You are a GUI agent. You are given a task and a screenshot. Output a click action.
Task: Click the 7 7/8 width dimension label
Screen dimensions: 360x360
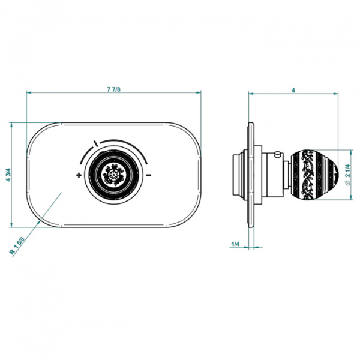(x=113, y=89)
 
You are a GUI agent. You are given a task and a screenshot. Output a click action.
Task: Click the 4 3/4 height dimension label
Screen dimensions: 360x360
(x=8, y=175)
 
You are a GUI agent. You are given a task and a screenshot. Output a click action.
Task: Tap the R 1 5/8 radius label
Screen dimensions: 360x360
(x=17, y=245)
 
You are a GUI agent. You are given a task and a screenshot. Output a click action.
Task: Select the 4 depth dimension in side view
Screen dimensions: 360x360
(x=293, y=91)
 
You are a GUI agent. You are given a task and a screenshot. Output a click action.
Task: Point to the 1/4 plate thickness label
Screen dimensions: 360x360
(x=235, y=244)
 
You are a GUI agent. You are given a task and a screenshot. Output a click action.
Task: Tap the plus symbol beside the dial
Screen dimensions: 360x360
(x=79, y=175)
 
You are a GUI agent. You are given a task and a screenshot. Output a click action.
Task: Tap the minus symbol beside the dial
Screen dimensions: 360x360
(x=149, y=175)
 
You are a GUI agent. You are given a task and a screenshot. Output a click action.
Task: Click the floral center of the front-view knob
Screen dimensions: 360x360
(x=113, y=175)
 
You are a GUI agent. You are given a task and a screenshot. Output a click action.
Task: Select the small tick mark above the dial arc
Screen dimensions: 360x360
(x=96, y=143)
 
